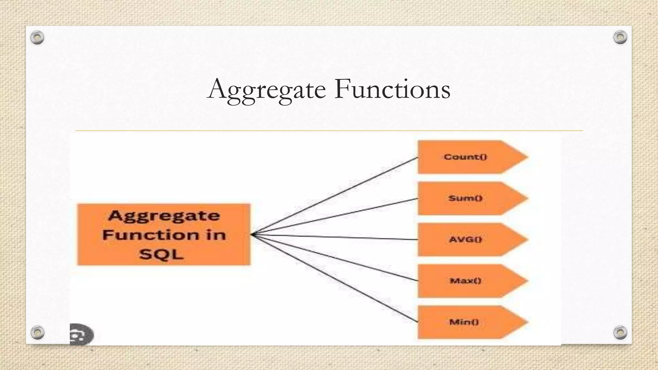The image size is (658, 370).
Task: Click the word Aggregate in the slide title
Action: pyautogui.click(x=267, y=89)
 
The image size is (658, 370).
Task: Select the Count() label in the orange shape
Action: pyautogui.click(x=465, y=157)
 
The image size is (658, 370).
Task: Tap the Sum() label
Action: pyautogui.click(x=465, y=198)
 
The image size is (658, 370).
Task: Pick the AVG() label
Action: pyautogui.click(x=465, y=239)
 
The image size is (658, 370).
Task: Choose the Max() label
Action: pyautogui.click(x=465, y=281)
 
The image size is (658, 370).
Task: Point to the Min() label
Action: pyautogui.click(x=464, y=322)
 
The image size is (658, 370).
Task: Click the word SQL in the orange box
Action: pyautogui.click(x=162, y=254)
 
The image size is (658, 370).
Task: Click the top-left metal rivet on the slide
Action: pyautogui.click(x=37, y=38)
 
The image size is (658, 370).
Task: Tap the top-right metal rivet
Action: pyautogui.click(x=620, y=37)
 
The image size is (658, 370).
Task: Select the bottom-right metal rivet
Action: pyautogui.click(x=620, y=332)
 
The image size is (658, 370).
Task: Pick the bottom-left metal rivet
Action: pyautogui.click(x=37, y=332)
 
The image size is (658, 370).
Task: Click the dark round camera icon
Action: pyautogui.click(x=81, y=335)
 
